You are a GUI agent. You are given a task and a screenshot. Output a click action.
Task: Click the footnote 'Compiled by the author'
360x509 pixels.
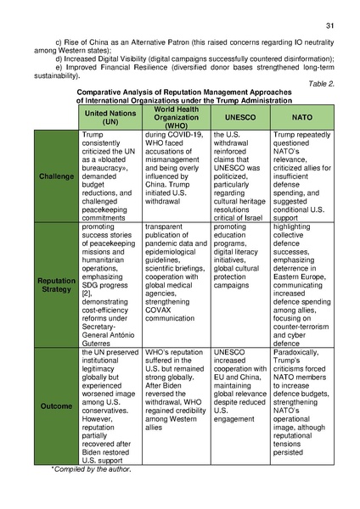(91, 470)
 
